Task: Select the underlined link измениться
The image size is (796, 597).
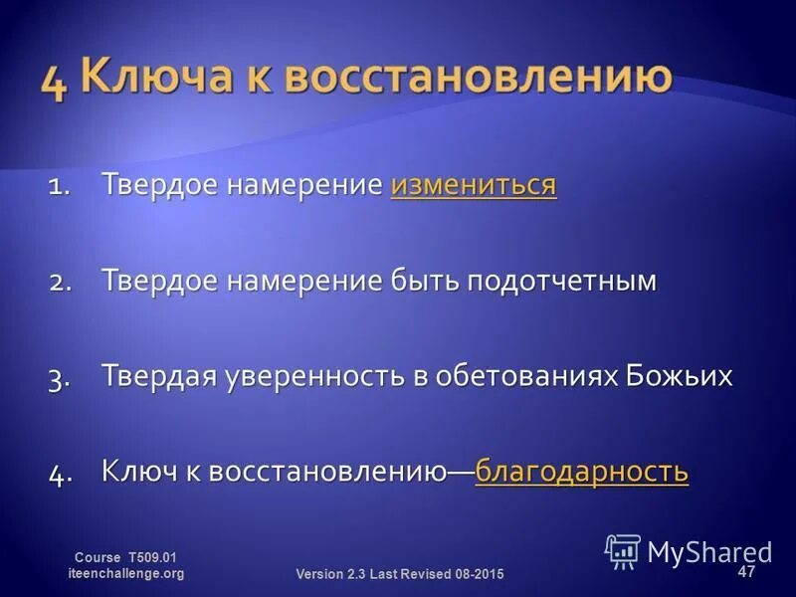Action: click(474, 186)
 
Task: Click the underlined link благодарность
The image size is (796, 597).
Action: click(582, 471)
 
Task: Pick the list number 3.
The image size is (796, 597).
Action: click(59, 378)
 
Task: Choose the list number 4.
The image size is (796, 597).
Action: click(59, 473)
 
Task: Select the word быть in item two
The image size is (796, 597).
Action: click(421, 282)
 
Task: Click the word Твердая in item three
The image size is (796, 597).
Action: click(158, 376)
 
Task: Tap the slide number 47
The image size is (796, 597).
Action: click(746, 572)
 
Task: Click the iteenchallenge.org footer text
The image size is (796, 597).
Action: click(125, 574)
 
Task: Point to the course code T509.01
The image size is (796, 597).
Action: click(151, 558)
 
